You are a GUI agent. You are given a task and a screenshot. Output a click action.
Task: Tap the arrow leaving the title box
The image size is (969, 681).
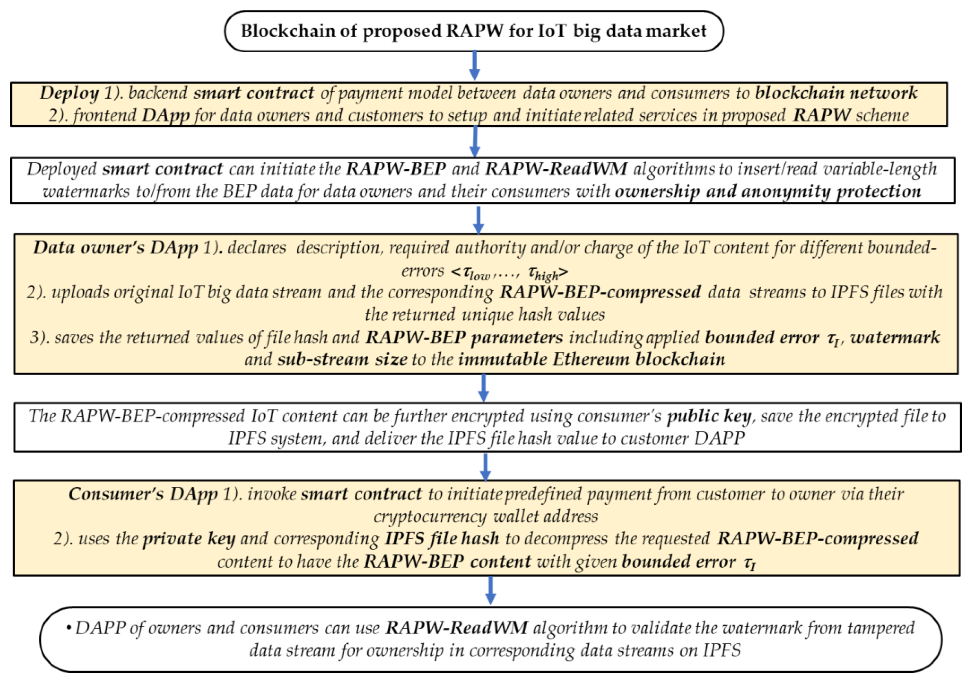coord(474,66)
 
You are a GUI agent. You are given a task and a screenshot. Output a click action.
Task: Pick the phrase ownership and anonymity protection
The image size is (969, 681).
coord(768,191)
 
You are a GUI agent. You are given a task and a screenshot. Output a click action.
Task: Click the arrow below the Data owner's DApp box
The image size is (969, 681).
coord(484,387)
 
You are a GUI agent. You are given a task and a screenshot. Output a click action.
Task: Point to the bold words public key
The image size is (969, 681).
coord(709,416)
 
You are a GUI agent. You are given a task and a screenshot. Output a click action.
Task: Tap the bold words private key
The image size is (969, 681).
coord(189,539)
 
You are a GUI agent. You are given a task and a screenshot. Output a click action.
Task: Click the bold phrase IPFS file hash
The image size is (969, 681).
coord(441,539)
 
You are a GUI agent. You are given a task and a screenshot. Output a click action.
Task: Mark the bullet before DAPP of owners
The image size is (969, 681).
coord(68,628)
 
